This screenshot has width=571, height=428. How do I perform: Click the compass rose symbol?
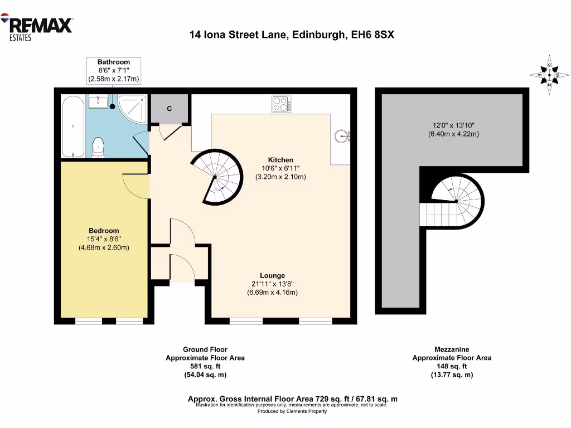[x=549, y=75]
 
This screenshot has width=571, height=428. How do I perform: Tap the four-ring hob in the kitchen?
[x=281, y=104]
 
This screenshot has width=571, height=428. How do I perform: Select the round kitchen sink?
[x=341, y=135]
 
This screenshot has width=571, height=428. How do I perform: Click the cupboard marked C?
[x=170, y=108]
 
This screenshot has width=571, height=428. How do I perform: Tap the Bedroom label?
[x=104, y=231]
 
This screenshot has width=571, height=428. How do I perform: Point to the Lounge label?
[x=272, y=275]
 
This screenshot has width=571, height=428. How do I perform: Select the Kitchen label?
[x=280, y=160]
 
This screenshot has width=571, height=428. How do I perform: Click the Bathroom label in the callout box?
[x=114, y=62]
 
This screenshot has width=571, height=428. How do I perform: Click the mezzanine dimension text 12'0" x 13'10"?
[x=453, y=125]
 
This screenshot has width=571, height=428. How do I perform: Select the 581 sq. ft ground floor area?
[x=205, y=366]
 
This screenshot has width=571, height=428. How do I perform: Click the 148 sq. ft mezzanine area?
[x=452, y=366]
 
